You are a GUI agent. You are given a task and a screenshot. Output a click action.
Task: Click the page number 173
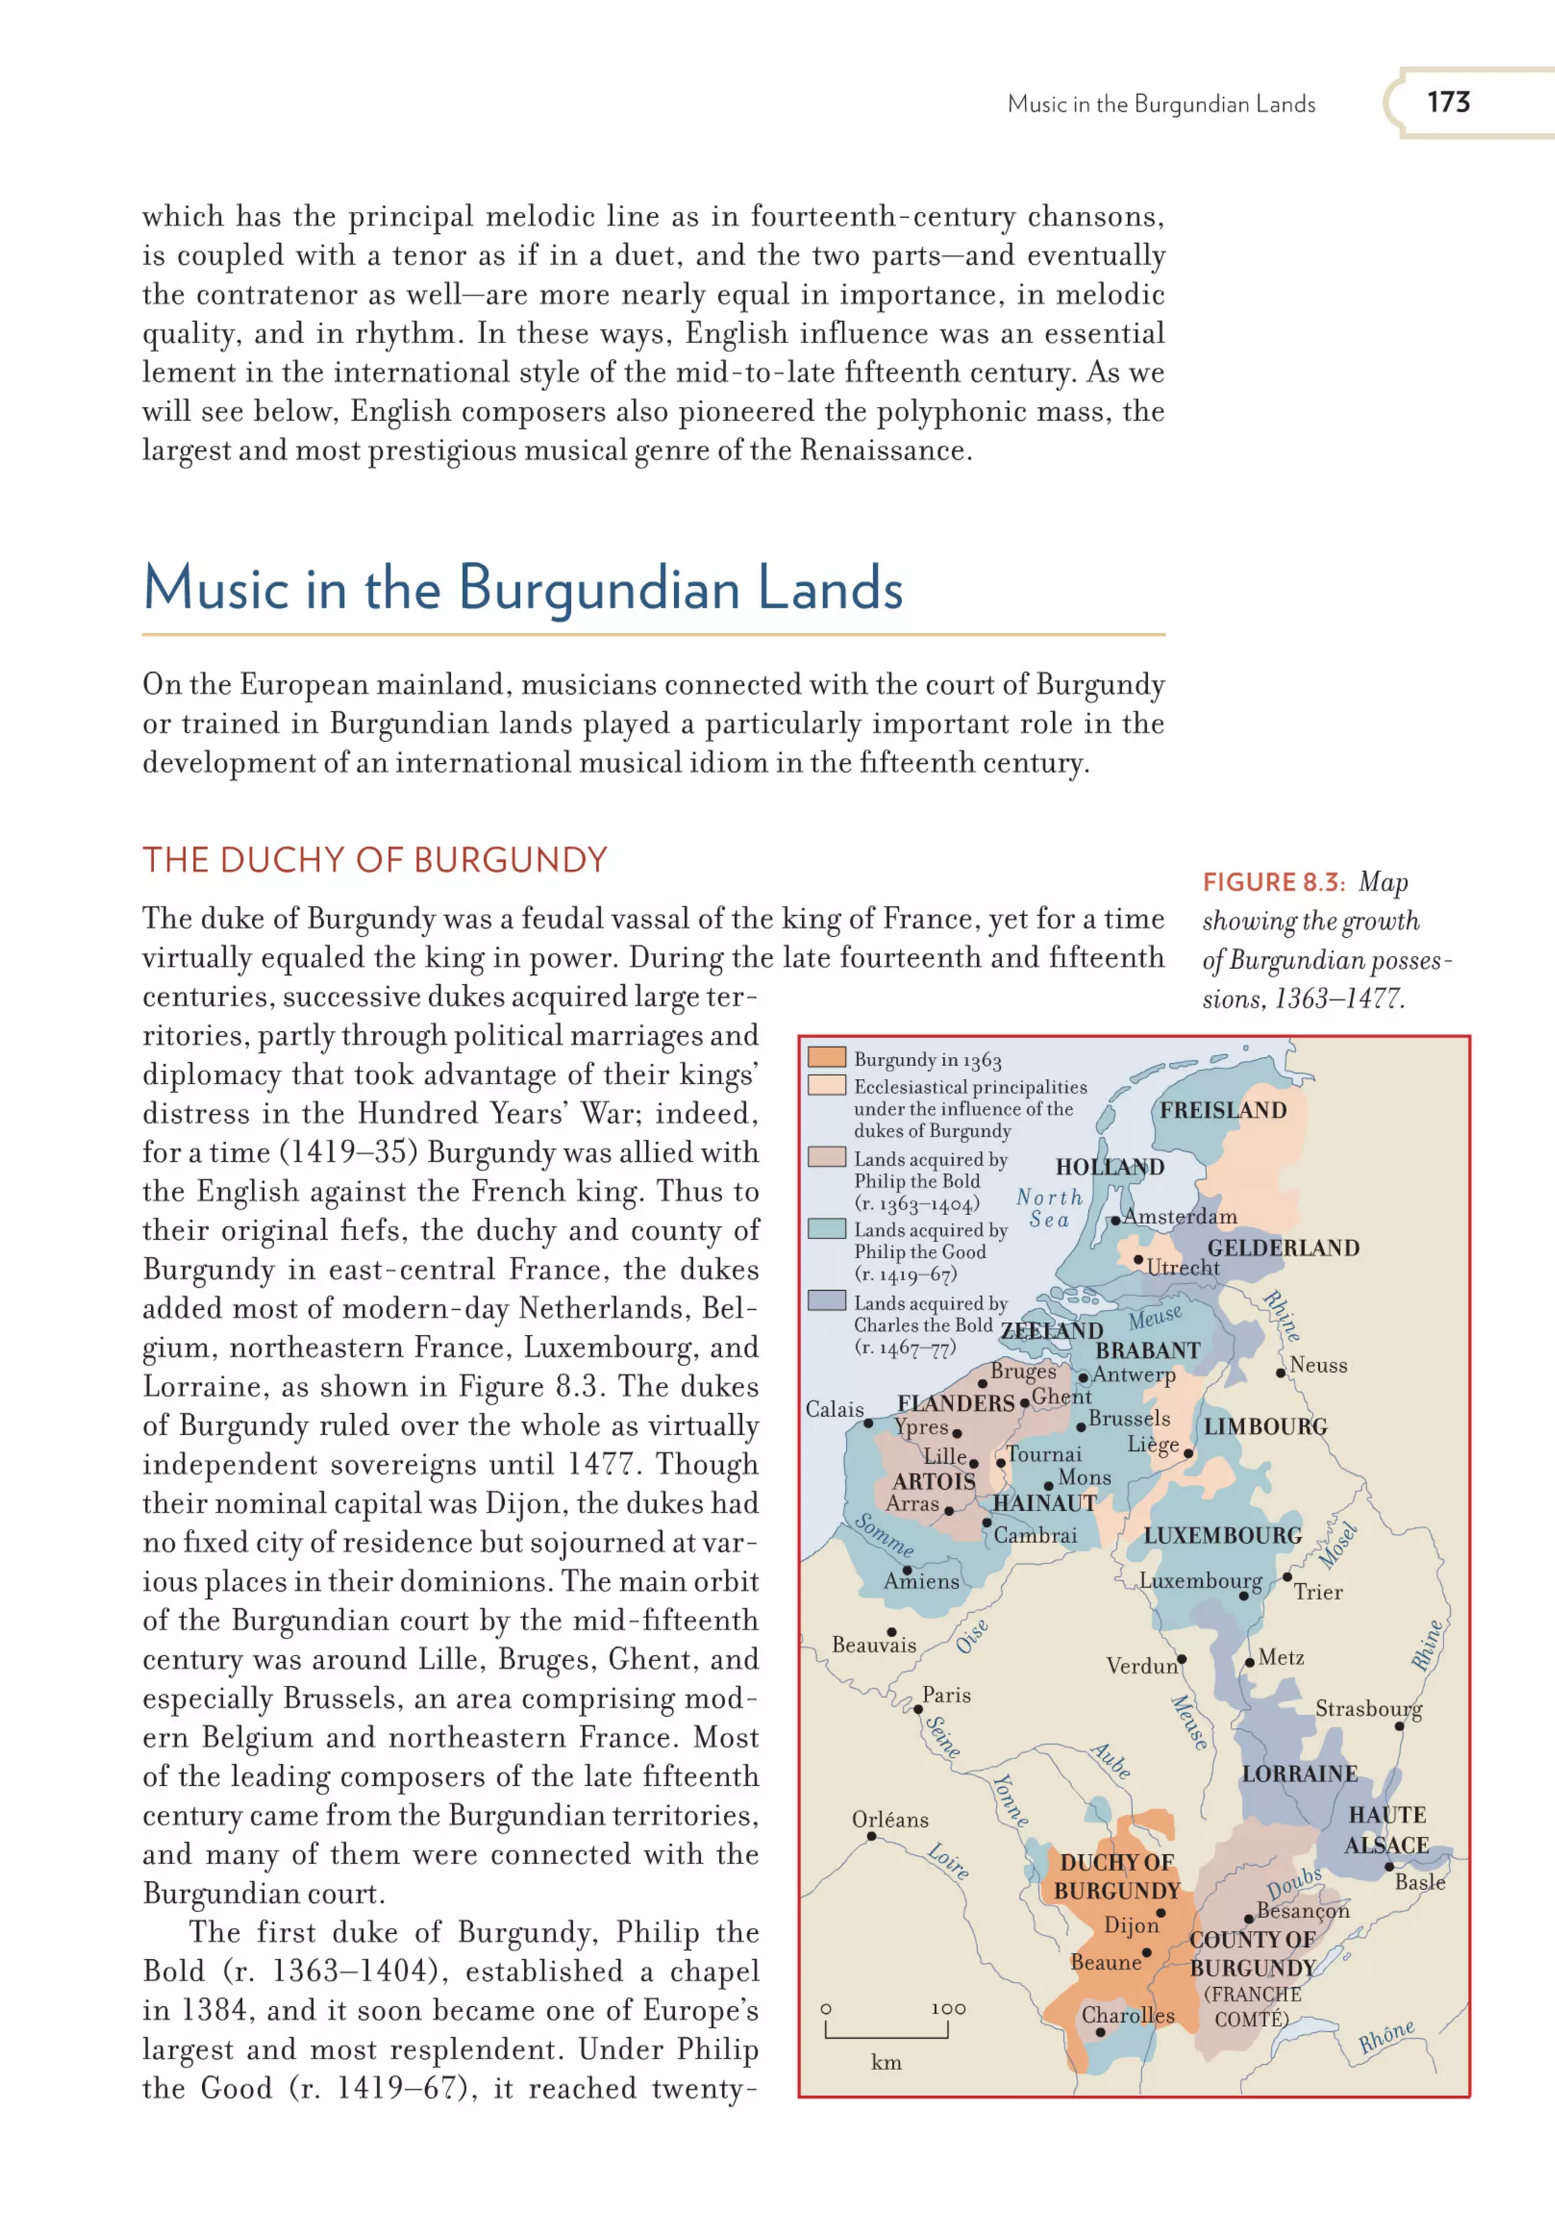[x=1448, y=103]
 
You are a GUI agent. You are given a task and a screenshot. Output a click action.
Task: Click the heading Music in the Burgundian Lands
[x=522, y=589]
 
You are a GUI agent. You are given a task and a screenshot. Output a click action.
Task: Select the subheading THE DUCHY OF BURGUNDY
[x=374, y=860]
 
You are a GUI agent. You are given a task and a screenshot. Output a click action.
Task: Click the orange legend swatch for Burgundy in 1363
[x=825, y=1057]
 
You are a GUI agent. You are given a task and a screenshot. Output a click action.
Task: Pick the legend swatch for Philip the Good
[x=825, y=1229]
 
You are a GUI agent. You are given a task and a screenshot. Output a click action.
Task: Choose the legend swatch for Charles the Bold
[x=825, y=1301]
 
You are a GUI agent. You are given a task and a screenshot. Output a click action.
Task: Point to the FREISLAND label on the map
[x=1222, y=1110]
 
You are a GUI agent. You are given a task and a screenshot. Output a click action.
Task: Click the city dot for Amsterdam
[x=1115, y=1220]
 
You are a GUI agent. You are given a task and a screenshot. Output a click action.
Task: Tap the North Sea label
[x=1049, y=1208]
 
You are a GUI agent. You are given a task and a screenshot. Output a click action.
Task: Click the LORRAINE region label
[x=1299, y=1773]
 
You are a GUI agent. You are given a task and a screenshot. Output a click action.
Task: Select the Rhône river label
[x=1386, y=2037]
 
